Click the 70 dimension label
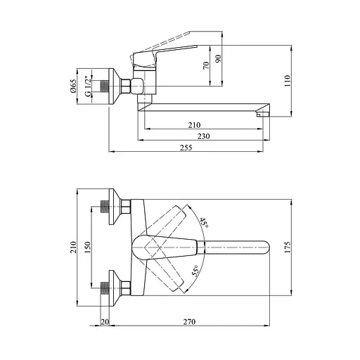206,65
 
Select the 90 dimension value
218,58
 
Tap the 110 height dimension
288,81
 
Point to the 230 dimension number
203,136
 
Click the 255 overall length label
186,148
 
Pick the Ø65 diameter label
73,86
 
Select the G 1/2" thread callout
88,86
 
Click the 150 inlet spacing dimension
87,247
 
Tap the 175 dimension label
288,247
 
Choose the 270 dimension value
189,322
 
